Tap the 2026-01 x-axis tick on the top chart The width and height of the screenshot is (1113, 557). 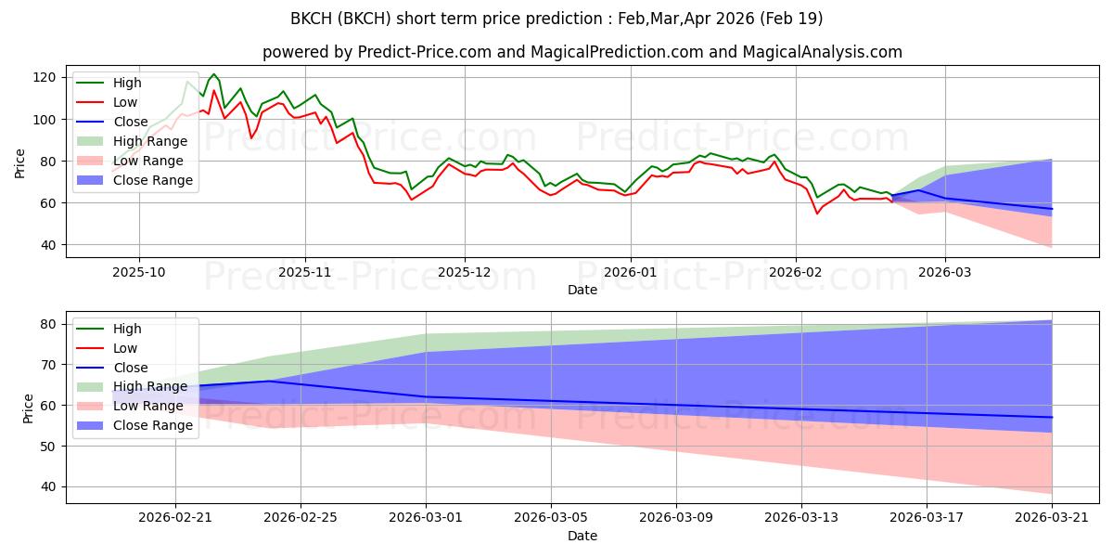[631, 273]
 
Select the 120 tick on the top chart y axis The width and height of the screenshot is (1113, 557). [49, 77]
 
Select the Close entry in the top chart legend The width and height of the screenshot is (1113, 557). [130, 122]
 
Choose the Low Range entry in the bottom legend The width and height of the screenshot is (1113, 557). [147, 407]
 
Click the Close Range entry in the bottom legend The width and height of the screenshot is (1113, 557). [153, 426]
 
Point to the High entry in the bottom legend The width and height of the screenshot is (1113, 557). [127, 329]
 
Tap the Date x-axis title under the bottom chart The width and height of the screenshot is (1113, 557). [582, 536]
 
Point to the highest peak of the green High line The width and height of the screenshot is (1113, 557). [213, 74]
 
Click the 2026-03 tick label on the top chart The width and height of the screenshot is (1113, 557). [945, 273]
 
